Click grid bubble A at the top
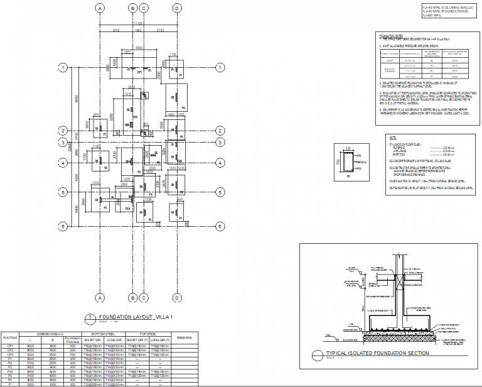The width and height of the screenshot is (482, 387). [99, 8]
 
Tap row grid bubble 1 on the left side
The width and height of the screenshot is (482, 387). [63, 67]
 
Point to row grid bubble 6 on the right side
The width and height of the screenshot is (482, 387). [220, 226]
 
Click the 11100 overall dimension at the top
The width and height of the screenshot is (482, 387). [138, 22]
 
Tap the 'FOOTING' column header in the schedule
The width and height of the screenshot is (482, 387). [11, 337]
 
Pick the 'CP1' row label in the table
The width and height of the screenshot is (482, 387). [11, 346]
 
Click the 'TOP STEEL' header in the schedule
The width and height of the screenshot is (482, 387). [148, 334]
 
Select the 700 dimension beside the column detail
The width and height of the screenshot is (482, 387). [339, 162]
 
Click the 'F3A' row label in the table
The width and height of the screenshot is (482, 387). [11, 371]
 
